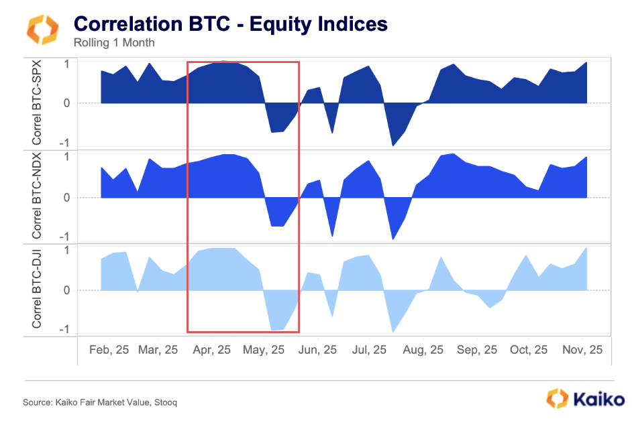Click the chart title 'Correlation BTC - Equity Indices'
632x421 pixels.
[x=231, y=24]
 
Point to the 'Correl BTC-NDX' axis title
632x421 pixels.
[x=37, y=197]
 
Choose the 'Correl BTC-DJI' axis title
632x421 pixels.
[x=37, y=290]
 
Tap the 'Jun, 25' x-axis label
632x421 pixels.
[x=317, y=350]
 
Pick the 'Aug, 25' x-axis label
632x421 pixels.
[x=423, y=350]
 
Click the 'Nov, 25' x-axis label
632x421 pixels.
[x=582, y=350]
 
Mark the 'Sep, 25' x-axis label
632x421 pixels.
[x=476, y=350]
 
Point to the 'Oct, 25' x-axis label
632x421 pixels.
[x=529, y=350]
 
